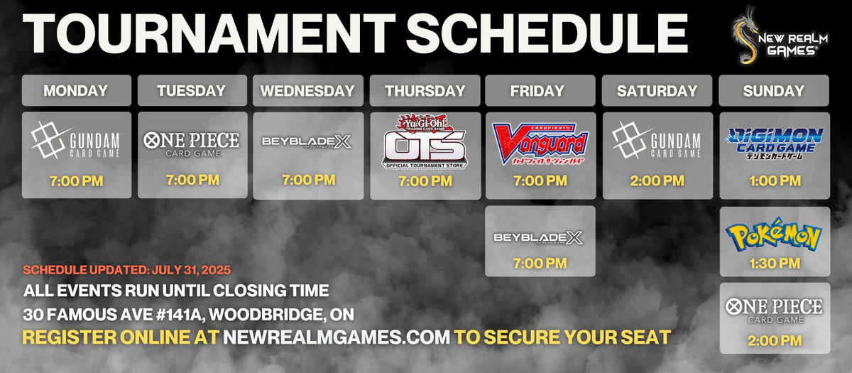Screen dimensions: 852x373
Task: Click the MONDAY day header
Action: coord(77,91)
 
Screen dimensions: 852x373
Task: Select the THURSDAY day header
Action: coord(425,91)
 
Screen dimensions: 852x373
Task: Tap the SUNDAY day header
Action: coord(774,91)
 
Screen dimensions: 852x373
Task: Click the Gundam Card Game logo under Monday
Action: coord(76,140)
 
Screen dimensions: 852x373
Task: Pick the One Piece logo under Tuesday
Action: coord(192,144)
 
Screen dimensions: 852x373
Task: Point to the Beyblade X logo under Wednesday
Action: coord(307,142)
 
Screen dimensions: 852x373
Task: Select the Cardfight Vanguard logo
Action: coord(540,144)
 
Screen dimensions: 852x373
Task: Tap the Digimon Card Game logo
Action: coord(775,144)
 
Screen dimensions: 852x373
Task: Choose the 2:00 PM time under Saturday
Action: coord(657,180)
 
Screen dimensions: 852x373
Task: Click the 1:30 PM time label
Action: coord(775,264)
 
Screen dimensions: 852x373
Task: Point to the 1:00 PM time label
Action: coord(775,180)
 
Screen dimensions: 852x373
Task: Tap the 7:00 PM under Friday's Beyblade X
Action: coord(540,264)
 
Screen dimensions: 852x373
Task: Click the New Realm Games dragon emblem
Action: coord(745,35)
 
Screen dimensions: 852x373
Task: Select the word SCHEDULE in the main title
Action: coord(547,33)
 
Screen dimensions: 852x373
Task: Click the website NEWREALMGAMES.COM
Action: coord(337,337)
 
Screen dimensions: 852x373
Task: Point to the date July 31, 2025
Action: coord(191,270)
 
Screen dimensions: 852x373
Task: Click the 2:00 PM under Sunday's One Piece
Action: coord(775,340)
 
